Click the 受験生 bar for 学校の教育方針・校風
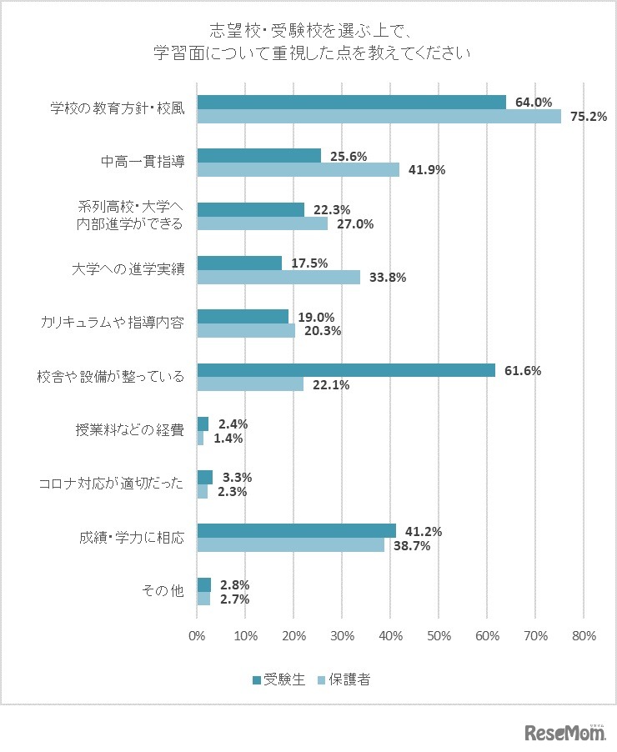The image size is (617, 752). tap(350, 102)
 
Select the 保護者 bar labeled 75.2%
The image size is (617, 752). tap(379, 116)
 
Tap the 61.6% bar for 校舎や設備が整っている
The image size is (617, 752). tap(345, 370)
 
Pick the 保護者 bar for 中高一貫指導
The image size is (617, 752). tap(298, 169)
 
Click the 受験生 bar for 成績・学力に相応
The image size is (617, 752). tap(296, 530)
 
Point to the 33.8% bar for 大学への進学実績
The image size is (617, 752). tap(278, 277)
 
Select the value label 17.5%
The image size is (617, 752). tap(308, 263)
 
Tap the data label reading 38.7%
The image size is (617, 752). tap(409, 545)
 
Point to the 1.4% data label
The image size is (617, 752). tap(230, 438)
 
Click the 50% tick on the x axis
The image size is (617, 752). tap(439, 636)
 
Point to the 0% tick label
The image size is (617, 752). tap(197, 636)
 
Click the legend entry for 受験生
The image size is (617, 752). tap(278, 679)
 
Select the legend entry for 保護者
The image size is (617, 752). tap(344, 679)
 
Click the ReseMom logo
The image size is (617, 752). tap(564, 733)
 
